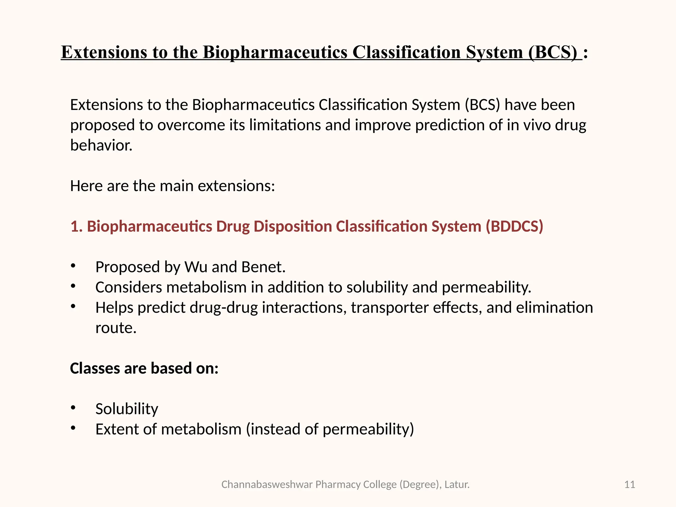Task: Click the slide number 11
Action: [x=629, y=485]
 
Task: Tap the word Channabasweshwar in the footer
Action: [x=267, y=485]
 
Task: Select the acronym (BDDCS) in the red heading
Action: [x=514, y=226]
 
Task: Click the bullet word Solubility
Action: [x=127, y=409]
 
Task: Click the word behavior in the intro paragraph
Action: [x=101, y=146]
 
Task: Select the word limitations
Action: [x=285, y=125]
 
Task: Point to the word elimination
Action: [x=554, y=308]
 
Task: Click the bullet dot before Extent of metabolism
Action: [x=73, y=428]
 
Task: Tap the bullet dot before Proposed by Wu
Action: [x=73, y=266]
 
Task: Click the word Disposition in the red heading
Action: [x=292, y=226]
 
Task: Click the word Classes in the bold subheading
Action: [x=94, y=368]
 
